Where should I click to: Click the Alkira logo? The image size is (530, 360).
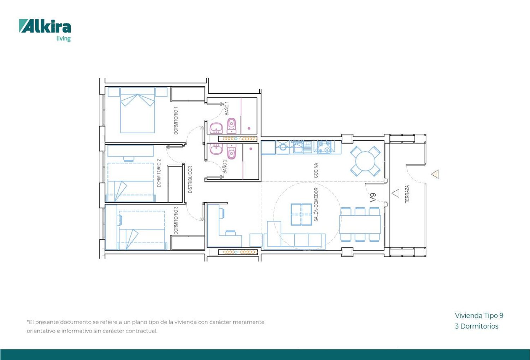(x=45, y=30)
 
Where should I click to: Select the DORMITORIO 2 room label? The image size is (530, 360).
(x=159, y=173)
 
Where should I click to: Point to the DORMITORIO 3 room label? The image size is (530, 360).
(x=176, y=221)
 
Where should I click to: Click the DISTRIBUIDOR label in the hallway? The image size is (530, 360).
(x=190, y=180)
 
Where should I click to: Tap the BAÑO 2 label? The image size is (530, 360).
(x=225, y=166)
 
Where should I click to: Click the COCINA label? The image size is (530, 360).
(x=316, y=170)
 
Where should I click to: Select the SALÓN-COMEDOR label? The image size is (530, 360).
(x=316, y=205)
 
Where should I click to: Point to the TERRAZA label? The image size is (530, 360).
(x=407, y=194)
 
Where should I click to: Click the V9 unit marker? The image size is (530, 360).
(x=373, y=198)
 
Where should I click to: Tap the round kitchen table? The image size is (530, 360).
(x=365, y=161)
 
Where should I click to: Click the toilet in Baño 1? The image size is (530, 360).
(x=231, y=126)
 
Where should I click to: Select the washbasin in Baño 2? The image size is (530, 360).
(x=216, y=149)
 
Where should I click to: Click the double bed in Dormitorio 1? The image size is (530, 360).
(x=137, y=110)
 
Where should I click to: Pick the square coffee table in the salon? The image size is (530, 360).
(x=301, y=214)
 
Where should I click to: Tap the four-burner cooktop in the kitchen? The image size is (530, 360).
(x=324, y=147)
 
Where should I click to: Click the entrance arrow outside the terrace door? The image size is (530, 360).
(x=435, y=174)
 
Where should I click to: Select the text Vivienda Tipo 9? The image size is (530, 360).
(x=479, y=316)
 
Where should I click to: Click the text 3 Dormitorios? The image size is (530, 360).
(x=477, y=326)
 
